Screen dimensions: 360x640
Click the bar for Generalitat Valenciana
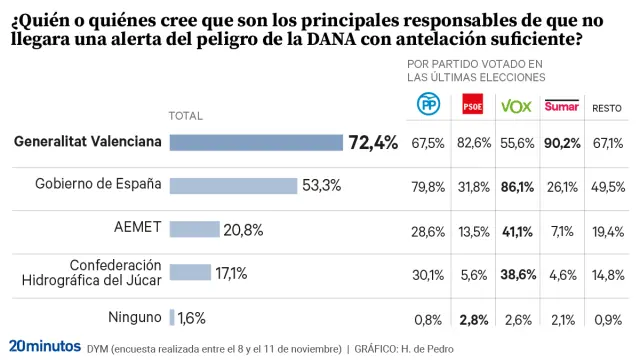256,143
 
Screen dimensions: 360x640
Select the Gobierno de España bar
233,185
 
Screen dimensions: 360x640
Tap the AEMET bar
194,229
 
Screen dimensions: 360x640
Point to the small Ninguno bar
172,318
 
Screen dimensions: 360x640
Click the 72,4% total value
373,143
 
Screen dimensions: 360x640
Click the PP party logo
428,105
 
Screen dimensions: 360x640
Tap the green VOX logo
516,106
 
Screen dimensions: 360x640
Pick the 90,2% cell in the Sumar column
562,143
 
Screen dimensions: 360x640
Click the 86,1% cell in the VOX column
517,186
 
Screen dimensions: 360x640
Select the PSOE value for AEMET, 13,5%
473,230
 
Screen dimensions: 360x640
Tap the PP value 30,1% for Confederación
428,274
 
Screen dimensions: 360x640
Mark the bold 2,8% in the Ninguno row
473,319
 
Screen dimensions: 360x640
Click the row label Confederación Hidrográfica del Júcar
91,273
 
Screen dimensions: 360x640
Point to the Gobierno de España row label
98,185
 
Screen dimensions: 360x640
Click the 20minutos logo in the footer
44,346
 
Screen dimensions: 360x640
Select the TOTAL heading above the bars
186,116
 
